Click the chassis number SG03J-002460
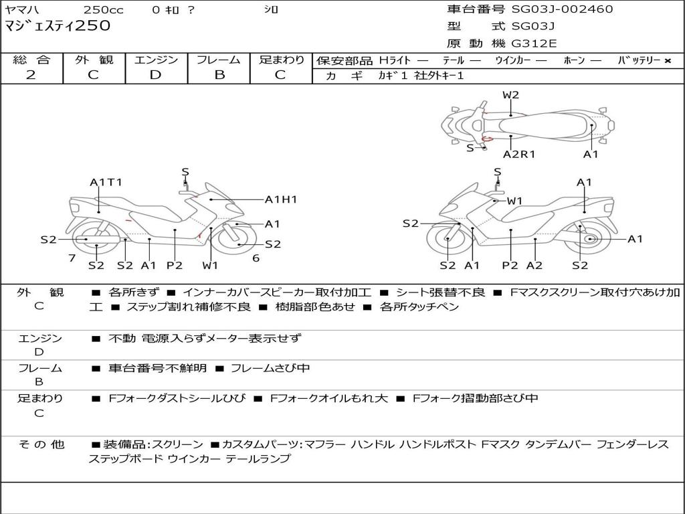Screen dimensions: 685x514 tap(562, 9)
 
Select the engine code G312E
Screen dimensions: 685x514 tap(533, 44)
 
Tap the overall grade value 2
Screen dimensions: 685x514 tap(31, 75)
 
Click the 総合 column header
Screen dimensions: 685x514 tap(31, 60)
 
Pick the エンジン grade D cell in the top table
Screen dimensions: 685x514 tap(155, 75)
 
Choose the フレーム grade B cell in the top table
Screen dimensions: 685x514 tap(219, 75)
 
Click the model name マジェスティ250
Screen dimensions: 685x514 tap(58, 26)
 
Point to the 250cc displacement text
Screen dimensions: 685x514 tap(104, 10)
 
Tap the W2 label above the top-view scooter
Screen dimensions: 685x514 tap(510, 95)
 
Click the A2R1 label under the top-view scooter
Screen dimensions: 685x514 tap(519, 154)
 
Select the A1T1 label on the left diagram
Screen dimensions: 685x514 tap(106, 182)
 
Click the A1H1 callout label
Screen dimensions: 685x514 tap(281, 199)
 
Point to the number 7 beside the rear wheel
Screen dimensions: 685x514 tap(72, 258)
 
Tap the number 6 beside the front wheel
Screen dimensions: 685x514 tap(256, 258)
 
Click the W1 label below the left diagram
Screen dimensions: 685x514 tap(211, 266)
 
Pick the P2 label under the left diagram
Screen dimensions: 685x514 tap(174, 266)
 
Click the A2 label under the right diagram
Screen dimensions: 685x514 tap(534, 266)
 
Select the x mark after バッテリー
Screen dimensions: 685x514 tap(667, 61)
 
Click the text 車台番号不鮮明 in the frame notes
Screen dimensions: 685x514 tap(158, 368)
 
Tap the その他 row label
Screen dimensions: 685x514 tap(40, 444)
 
